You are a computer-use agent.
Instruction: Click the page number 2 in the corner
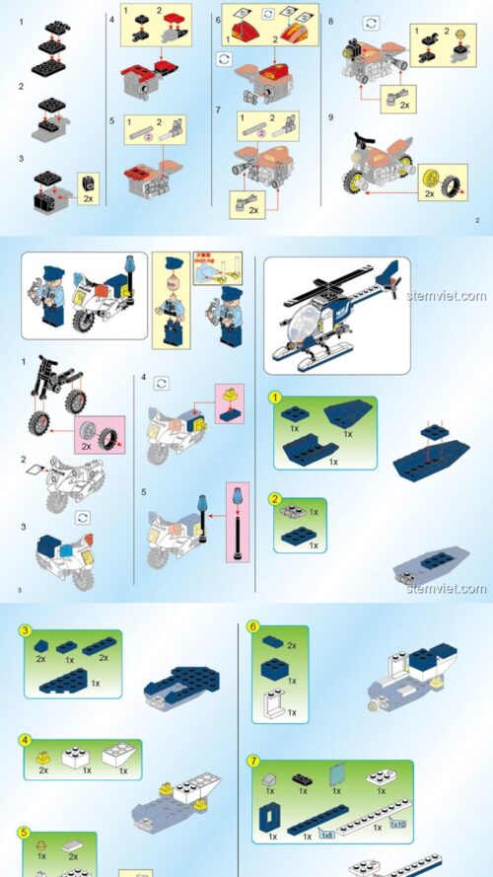point(477,220)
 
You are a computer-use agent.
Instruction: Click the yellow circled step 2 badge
point(277,499)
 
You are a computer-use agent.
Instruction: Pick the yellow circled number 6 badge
point(253,626)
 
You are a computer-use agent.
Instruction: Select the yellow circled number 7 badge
point(253,762)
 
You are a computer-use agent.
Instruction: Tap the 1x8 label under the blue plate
point(326,835)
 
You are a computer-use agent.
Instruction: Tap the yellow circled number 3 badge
point(27,630)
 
